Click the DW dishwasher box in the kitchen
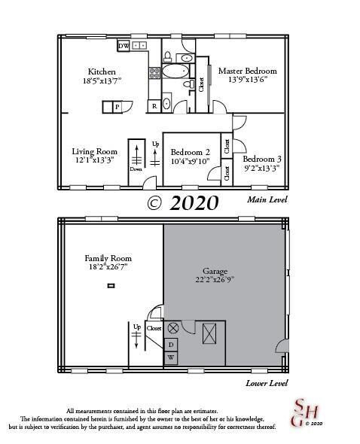(123, 47)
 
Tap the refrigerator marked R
(154, 106)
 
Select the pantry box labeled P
(117, 107)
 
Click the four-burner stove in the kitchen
(154, 73)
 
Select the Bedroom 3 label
(262, 159)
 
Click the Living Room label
(94, 151)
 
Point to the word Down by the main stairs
(136, 169)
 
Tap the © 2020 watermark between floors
(182, 202)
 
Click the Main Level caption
(267, 199)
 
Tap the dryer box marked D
(171, 345)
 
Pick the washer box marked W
(171, 357)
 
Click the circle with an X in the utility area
(172, 327)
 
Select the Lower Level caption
(267, 382)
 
